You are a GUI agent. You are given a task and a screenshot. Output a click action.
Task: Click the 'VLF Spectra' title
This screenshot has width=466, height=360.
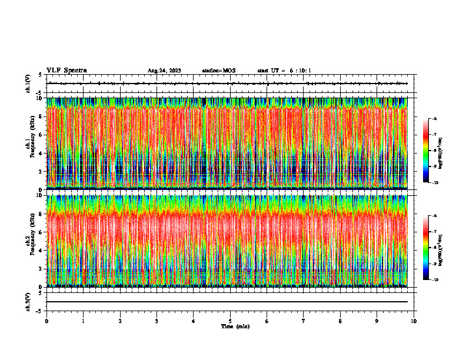pos(66,71)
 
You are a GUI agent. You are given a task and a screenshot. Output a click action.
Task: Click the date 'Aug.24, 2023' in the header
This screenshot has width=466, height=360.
pos(164,71)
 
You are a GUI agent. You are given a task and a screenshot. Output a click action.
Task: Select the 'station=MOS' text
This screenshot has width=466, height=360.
pos(218,71)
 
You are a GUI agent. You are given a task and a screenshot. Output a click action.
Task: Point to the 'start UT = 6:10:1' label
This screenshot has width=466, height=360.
pos(284,71)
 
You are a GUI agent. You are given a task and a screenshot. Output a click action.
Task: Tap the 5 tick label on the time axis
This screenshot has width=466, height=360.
pos(230,321)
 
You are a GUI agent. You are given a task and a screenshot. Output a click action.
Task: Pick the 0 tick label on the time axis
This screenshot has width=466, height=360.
pos(46,321)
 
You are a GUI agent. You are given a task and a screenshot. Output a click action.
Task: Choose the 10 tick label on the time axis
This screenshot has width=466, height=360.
pos(414,321)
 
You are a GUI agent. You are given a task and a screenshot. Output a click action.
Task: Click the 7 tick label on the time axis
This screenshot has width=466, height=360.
pos(304,321)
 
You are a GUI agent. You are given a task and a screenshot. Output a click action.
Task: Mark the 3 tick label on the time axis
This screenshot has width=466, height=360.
pos(157,321)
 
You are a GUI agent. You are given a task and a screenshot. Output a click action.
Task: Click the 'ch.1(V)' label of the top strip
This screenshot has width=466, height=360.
pos(28,84)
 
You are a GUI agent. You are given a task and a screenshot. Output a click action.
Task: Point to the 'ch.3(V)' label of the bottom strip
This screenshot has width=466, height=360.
pos(28,301)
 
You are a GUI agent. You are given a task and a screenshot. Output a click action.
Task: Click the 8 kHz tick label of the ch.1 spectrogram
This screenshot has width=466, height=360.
pos(39,116)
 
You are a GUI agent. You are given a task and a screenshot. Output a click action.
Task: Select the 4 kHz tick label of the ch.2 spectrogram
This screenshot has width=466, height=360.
pos(39,251)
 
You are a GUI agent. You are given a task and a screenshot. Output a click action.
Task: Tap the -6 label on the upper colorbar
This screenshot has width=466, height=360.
pos(434,119)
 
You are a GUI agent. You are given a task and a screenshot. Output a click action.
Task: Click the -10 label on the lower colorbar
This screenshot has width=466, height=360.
pos(434,279)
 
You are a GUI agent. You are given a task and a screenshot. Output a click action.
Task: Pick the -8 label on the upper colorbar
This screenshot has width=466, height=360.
pos(434,151)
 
